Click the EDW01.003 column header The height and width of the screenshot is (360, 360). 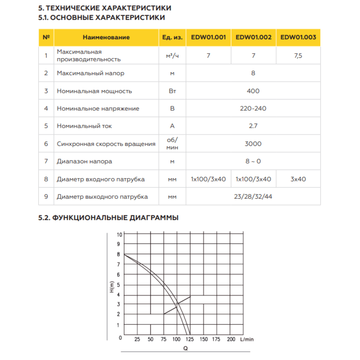pyautogui.click(x=298, y=37)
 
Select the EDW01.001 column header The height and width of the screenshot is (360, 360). pyautogui.click(x=208, y=37)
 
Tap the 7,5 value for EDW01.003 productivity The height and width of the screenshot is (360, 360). pyautogui.click(x=298, y=56)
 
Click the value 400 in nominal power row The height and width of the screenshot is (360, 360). pyautogui.click(x=253, y=91)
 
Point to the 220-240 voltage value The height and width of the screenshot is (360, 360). pyautogui.click(x=253, y=108)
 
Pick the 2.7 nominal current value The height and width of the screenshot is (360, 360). pyautogui.click(x=253, y=126)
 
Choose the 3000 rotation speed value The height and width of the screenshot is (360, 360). pyautogui.click(x=253, y=144)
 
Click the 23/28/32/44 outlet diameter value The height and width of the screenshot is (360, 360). pyautogui.click(x=253, y=197)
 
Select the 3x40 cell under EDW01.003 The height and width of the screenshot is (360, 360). pyautogui.click(x=298, y=179)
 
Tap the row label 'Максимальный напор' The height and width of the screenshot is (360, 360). pyautogui.click(x=90, y=73)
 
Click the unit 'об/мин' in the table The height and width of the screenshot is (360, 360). pyautogui.click(x=172, y=144)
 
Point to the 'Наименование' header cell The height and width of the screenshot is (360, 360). pyautogui.click(x=106, y=37)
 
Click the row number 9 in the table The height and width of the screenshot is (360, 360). pyautogui.click(x=46, y=197)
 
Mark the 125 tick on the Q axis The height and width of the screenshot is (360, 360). pyautogui.click(x=190, y=339)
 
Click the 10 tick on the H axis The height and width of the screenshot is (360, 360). pyautogui.click(x=120, y=234)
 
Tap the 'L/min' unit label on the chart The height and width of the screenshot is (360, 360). pyautogui.click(x=247, y=339)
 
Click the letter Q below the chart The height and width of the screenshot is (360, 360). pyautogui.click(x=185, y=348)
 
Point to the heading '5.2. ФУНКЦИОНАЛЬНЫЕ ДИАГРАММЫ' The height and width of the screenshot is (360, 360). pyautogui.click(x=108, y=218)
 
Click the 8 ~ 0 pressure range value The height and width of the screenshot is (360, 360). pyautogui.click(x=253, y=161)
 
